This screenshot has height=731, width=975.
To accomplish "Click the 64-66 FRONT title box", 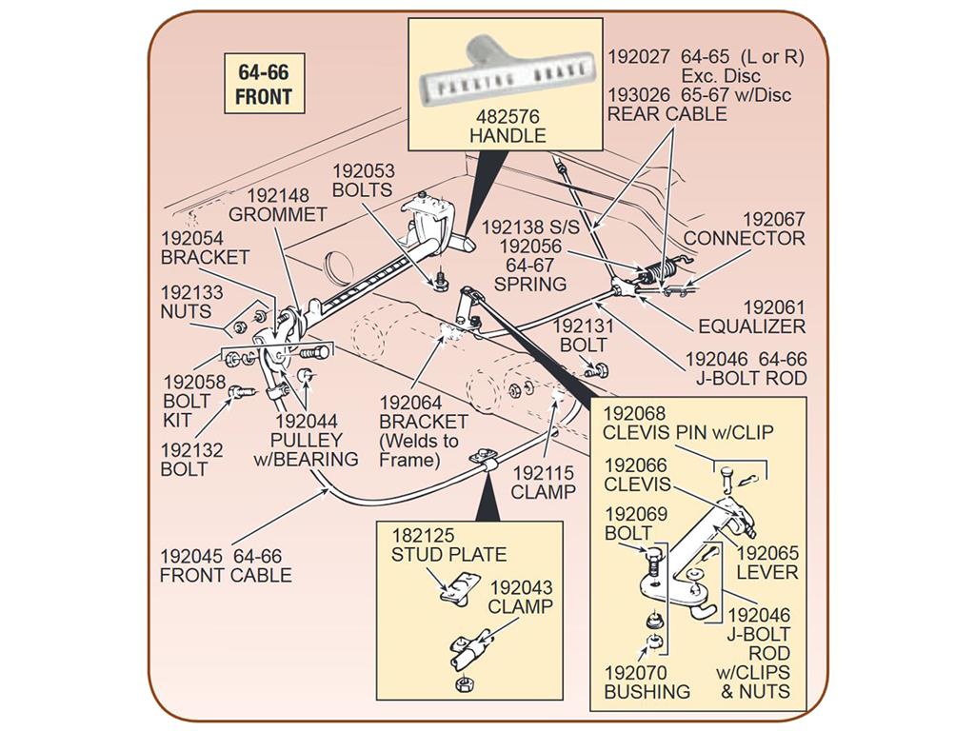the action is tap(265, 84).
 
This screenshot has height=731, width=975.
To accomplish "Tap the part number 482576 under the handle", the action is tap(507, 116).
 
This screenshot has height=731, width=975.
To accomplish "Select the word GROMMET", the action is tap(277, 214).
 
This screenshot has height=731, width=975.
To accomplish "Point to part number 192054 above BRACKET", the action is tap(192, 238).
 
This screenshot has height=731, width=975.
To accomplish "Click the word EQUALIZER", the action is tap(752, 326).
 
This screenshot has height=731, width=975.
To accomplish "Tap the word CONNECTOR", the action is tap(745, 238).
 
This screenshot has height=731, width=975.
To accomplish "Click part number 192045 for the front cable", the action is tap(190, 556).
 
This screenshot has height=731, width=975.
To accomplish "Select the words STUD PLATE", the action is tap(449, 554).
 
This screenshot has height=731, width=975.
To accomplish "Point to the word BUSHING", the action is tap(647, 691).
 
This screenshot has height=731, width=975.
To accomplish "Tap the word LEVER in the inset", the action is tap(767, 572).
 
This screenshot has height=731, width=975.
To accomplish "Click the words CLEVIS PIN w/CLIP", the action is tap(688, 432).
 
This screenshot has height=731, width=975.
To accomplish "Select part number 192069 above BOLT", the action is tap(636, 514).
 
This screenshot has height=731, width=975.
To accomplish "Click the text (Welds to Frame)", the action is tap(419, 450).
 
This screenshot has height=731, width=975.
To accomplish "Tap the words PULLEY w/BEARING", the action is tap(306, 449).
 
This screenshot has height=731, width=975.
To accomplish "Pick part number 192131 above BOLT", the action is tap(584, 326).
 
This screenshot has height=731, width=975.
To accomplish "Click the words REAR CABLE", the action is tap(667, 114).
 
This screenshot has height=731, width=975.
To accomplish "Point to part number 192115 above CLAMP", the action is tap(543, 473).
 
